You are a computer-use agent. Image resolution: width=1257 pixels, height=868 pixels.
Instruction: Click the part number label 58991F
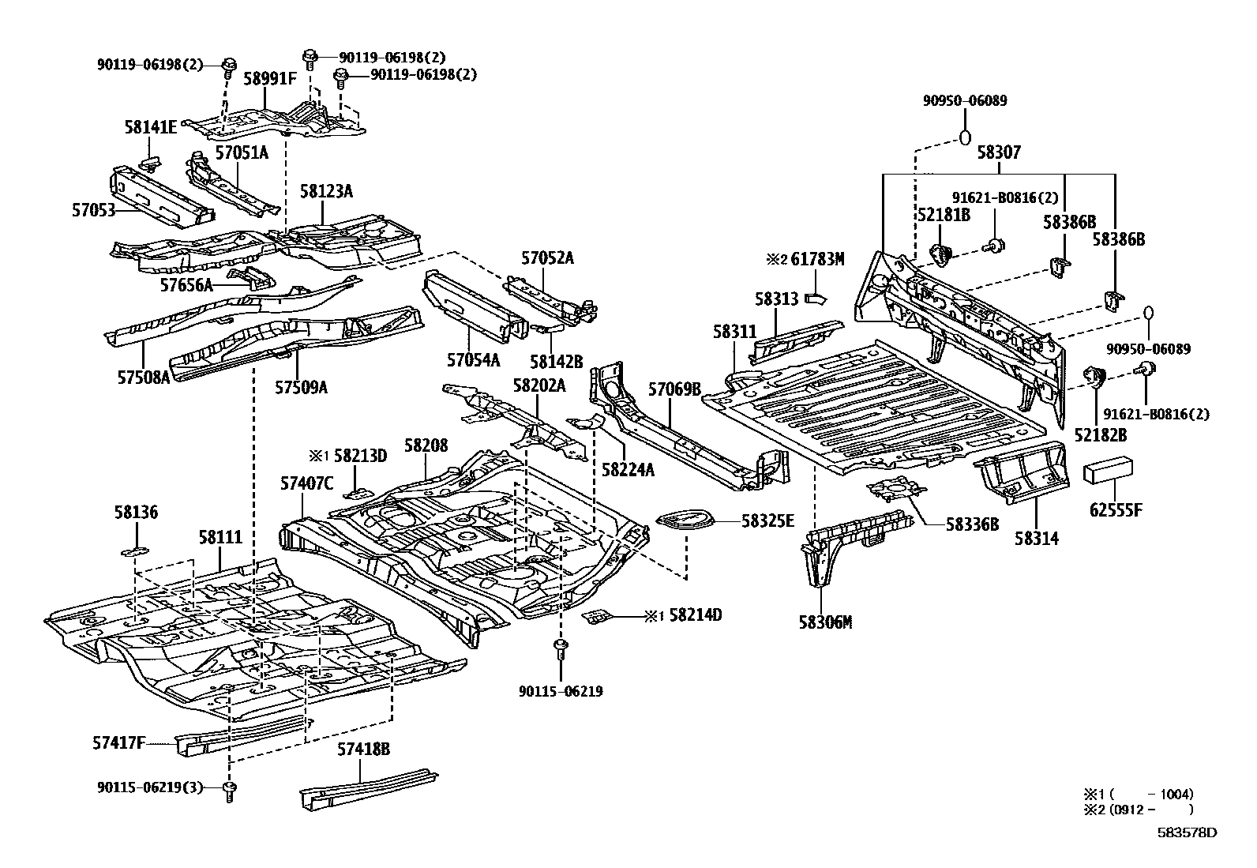tap(270, 79)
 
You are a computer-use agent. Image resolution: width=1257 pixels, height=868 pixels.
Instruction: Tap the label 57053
tap(93, 210)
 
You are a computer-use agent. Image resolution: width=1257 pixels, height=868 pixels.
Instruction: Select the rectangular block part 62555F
tap(1109, 472)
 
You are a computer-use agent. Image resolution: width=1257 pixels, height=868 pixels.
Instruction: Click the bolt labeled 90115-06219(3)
tap(230, 791)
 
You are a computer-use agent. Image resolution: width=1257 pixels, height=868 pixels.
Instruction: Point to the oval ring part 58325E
tap(685, 520)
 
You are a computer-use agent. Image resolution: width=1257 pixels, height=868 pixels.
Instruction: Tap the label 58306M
tap(824, 623)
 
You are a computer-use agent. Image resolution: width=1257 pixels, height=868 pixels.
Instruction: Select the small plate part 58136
tap(135, 550)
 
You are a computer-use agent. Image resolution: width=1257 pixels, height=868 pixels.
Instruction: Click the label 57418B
tap(364, 749)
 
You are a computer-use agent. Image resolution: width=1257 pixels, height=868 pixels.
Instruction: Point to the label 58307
tap(999, 152)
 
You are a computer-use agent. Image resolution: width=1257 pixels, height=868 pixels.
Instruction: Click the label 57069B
tap(674, 389)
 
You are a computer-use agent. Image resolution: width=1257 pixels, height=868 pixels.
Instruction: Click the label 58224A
tap(628, 470)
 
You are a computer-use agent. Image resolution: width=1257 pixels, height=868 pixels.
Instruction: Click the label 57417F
tap(119, 742)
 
